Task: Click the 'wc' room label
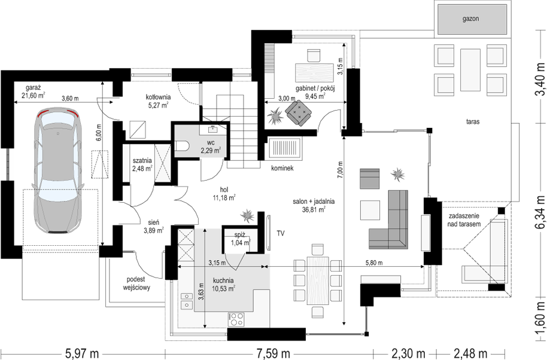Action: point(211,142)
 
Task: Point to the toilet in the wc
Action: point(183,145)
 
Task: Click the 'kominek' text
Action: point(281,169)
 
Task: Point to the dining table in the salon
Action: point(317,280)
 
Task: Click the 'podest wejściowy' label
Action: point(136,283)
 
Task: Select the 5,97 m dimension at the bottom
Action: point(82,351)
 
